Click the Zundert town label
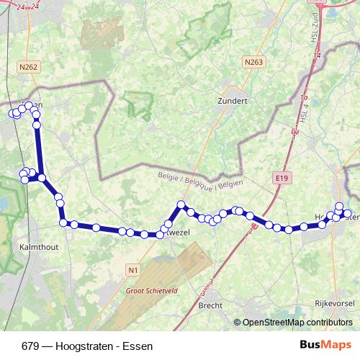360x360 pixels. (232, 102)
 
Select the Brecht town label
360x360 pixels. (210, 305)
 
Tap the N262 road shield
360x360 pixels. (28, 68)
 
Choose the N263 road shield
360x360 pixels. (253, 63)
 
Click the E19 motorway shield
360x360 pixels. (282, 177)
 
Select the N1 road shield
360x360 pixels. (132, 270)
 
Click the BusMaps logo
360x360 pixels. (325, 345)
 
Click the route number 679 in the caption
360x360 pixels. (30, 346)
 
